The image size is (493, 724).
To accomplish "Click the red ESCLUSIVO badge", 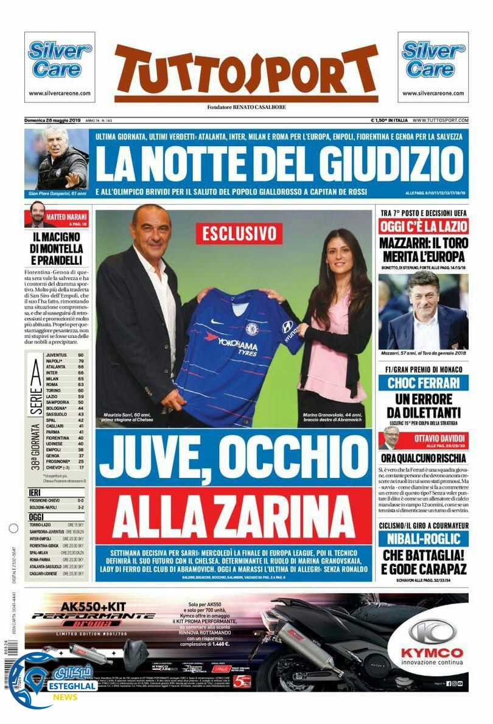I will pyautogui.click(x=239, y=233).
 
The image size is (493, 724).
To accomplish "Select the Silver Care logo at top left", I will pyautogui.click(x=60, y=60).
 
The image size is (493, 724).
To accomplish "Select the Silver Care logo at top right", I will pyautogui.click(x=433, y=60).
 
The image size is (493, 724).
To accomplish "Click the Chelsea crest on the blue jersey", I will pyautogui.click(x=252, y=328).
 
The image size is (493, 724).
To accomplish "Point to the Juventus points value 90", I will pyautogui.click(x=80, y=354).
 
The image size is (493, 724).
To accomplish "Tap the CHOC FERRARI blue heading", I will pyautogui.click(x=423, y=384).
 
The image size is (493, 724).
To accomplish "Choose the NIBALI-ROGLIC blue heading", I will pyautogui.click(x=423, y=538).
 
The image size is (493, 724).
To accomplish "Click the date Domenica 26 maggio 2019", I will pyautogui.click(x=53, y=121).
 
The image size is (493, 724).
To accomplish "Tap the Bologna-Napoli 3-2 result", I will pyautogui.click(x=58, y=506).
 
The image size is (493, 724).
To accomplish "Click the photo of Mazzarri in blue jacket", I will pyautogui.click(x=423, y=312).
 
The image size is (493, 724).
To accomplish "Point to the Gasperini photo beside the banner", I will pyautogui.click(x=57, y=158).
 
